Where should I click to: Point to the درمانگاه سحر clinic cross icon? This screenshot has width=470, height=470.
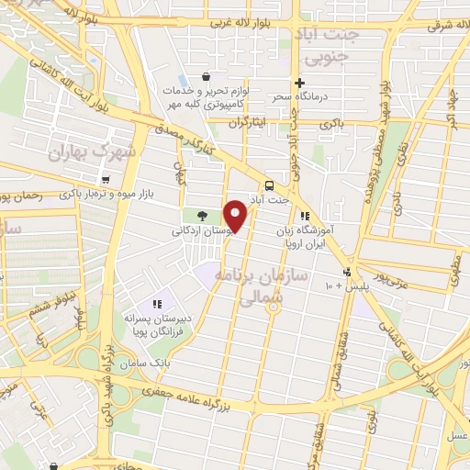click(x=299, y=83)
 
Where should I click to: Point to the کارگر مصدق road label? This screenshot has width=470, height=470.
click(x=188, y=138)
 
